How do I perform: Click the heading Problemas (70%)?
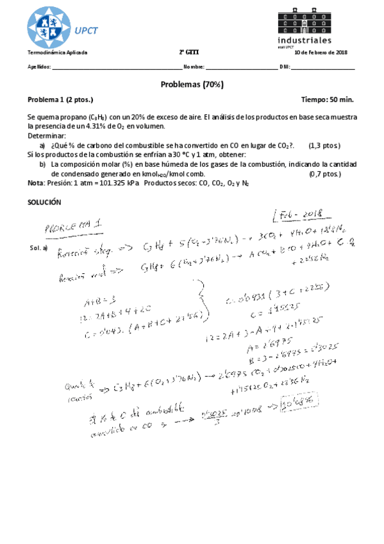click(x=192, y=85)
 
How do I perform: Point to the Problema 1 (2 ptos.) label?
click(x=60, y=100)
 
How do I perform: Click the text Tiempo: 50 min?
click(x=327, y=100)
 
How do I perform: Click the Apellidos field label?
click(x=39, y=67)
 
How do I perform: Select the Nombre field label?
click(x=194, y=67)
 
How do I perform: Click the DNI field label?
click(x=286, y=67)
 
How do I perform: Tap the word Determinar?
click(x=47, y=137)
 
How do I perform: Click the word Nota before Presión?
click(x=36, y=183)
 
